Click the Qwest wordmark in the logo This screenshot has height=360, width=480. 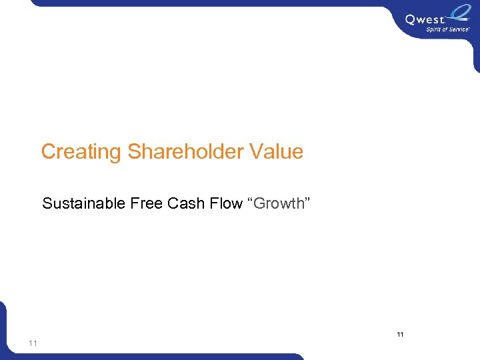pyautogui.click(x=424, y=19)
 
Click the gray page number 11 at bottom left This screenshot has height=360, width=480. pyautogui.click(x=33, y=343)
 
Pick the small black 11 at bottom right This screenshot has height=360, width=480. pyautogui.click(x=401, y=334)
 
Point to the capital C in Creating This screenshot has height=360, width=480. pyautogui.click(x=48, y=152)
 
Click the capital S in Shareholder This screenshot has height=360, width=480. pyautogui.click(x=134, y=152)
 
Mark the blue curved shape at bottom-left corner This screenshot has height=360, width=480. pyautogui.click(x=5, y=330)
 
